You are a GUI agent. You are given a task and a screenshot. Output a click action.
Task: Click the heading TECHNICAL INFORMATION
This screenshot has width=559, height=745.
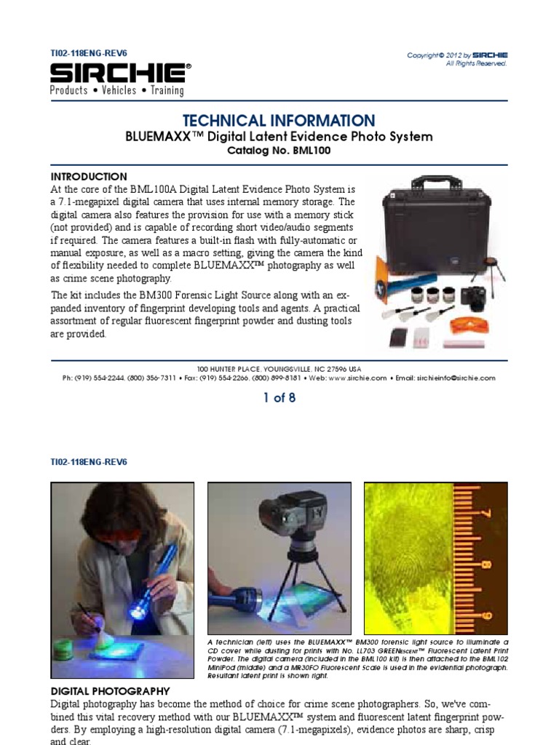(279, 121)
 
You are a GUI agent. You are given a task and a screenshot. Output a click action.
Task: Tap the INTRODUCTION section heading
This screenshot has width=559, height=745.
(89, 177)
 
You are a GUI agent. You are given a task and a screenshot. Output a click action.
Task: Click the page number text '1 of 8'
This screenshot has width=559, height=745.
(279, 398)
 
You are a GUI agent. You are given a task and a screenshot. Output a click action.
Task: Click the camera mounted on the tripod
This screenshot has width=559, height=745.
(295, 517)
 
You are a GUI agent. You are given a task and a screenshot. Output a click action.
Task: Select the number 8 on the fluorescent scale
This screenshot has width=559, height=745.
(485, 564)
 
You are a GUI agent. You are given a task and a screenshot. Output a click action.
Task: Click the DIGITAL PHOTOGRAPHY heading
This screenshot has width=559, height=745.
(110, 691)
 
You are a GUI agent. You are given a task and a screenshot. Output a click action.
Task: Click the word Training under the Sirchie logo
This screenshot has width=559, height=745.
(167, 91)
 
